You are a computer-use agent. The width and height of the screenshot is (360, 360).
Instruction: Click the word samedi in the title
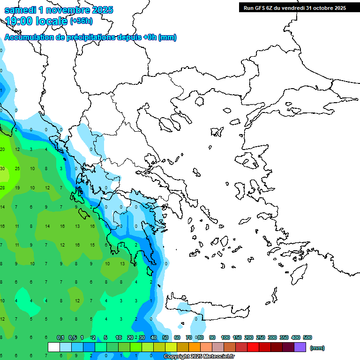click(x=21, y=10)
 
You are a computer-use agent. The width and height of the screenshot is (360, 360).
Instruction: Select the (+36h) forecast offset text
click(x=81, y=21)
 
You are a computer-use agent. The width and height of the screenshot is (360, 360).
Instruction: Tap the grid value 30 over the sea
click(x=2, y=169)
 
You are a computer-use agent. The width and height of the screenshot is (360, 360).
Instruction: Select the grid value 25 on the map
click(x=17, y=169)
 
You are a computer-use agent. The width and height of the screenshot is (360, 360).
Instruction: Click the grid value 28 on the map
click(x=2, y=188)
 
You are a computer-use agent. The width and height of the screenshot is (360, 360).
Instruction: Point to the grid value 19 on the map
click(x=17, y=188)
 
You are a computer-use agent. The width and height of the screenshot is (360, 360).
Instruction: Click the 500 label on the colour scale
click(x=307, y=337)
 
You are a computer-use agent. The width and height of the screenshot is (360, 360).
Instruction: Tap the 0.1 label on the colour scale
click(x=60, y=337)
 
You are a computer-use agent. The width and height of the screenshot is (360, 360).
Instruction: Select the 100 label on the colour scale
click(x=225, y=337)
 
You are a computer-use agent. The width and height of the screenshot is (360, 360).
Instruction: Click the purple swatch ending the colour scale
click(x=300, y=347)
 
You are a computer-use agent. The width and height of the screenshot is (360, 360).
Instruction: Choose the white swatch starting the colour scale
click(x=54, y=347)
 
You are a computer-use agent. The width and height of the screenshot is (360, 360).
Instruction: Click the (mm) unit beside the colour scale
click(x=317, y=348)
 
